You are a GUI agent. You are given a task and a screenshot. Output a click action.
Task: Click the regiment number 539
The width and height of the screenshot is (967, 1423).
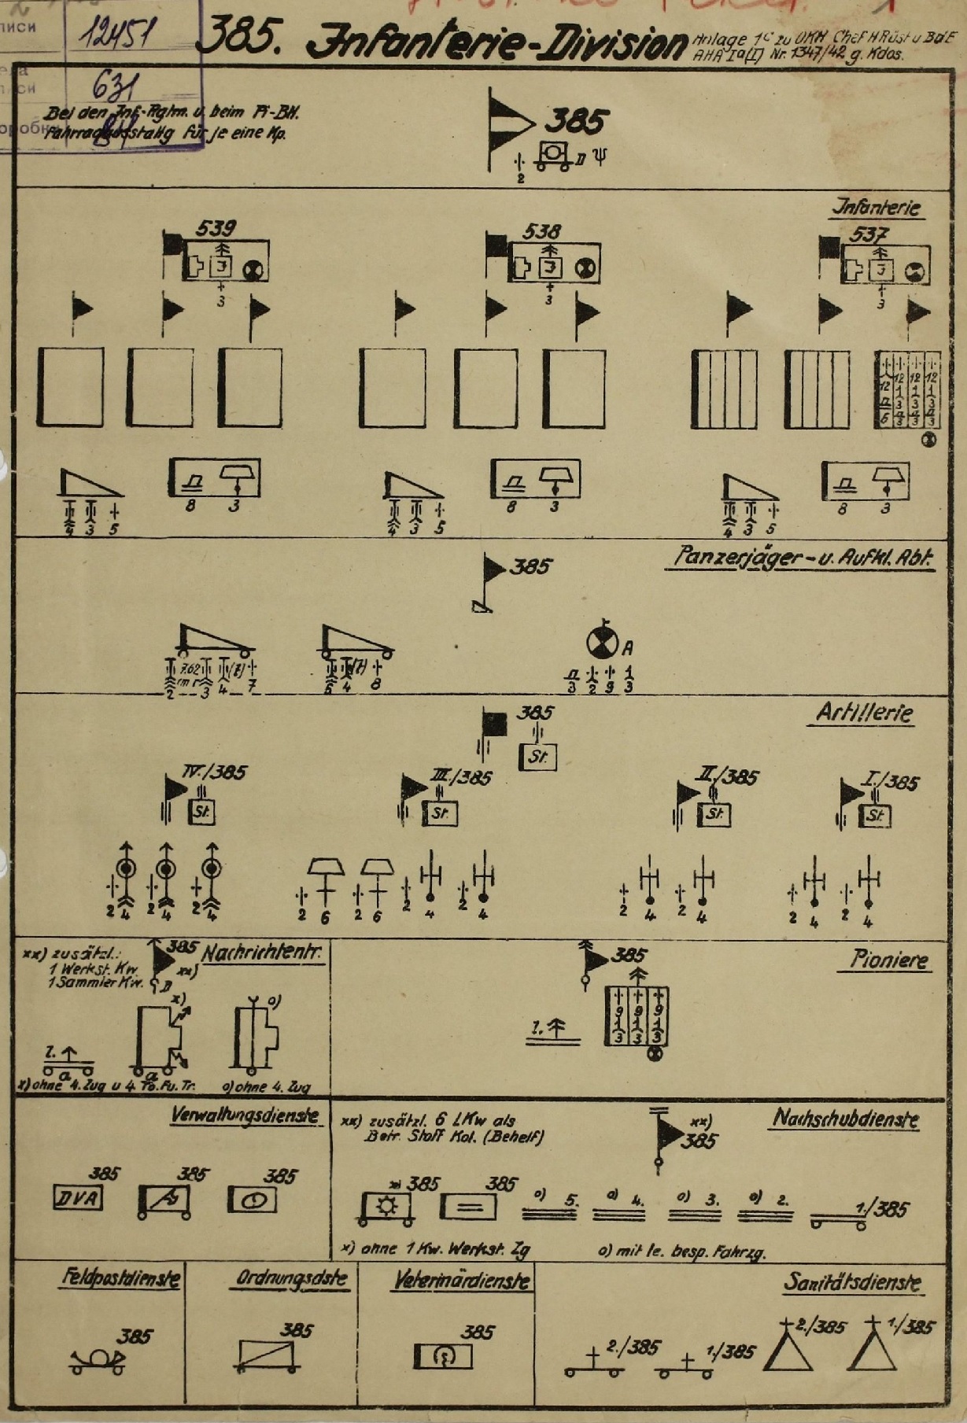pyautogui.click(x=215, y=228)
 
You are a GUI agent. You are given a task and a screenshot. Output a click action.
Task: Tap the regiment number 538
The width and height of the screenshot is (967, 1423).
pyautogui.click(x=541, y=231)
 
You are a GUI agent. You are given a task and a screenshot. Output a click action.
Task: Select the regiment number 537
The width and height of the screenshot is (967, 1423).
pyautogui.click(x=869, y=234)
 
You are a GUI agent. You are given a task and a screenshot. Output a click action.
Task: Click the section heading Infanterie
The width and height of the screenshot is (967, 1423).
pyautogui.click(x=877, y=208)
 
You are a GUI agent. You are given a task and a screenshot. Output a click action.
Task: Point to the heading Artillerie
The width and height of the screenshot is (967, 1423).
pyautogui.click(x=864, y=713)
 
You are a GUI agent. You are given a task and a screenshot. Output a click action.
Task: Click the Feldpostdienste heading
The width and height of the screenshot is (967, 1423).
pyautogui.click(x=120, y=1278)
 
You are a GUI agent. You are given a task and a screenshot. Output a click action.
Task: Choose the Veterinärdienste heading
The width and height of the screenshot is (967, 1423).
pyautogui.click(x=462, y=1281)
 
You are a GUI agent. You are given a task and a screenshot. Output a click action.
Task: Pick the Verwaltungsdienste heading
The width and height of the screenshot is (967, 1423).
pyautogui.click(x=245, y=1115)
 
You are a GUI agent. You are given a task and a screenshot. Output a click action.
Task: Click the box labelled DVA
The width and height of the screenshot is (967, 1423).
pyautogui.click(x=77, y=1198)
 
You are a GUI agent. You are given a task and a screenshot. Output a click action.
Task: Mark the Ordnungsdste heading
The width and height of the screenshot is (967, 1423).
pyautogui.click(x=291, y=1279)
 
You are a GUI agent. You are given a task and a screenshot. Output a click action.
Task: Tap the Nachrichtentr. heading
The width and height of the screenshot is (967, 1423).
pyautogui.click(x=262, y=953)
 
